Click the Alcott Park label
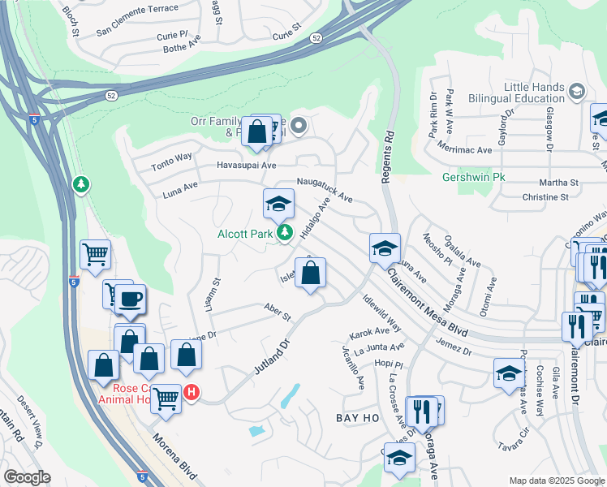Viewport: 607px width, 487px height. tap(244, 234)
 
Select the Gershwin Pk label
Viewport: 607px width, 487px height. tap(468, 177)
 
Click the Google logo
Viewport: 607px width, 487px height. tap(27, 477)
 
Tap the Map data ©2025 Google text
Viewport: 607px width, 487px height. tap(556, 481)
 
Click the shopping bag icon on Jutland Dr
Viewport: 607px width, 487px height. tap(310, 274)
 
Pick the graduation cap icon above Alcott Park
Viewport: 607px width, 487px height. tap(278, 204)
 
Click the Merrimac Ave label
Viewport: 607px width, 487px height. tap(464, 150)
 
